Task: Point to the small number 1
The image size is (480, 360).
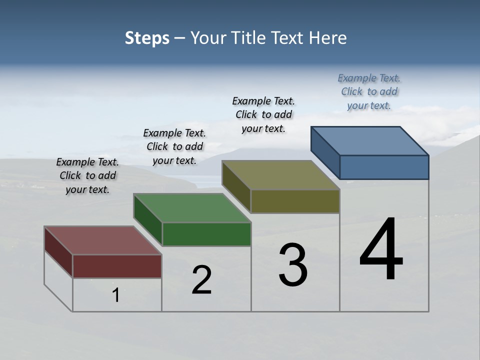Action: point(116,295)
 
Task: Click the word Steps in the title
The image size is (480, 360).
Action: point(147,38)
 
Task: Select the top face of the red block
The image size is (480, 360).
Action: point(102,240)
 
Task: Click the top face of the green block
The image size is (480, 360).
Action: point(192,208)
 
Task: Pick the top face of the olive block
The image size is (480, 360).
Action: point(281,175)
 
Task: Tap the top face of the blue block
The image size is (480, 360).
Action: point(370,141)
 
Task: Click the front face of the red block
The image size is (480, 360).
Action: point(117,266)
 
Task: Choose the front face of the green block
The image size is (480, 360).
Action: point(206,234)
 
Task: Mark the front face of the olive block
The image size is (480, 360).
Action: point(295,201)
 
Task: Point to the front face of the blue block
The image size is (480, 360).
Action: point(384,167)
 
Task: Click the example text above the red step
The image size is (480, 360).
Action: point(87,176)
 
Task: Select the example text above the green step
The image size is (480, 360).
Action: point(174,147)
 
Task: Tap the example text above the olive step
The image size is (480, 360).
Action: point(263,114)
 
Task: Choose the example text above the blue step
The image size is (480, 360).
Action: point(369,92)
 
